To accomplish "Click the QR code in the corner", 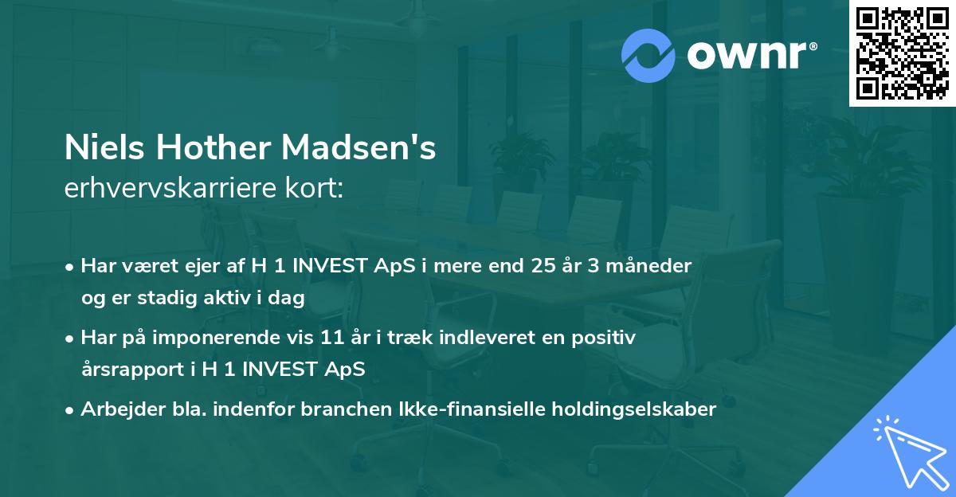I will point(902,53).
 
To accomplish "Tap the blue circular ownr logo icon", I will point(648,56).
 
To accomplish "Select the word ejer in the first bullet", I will point(202,265).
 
